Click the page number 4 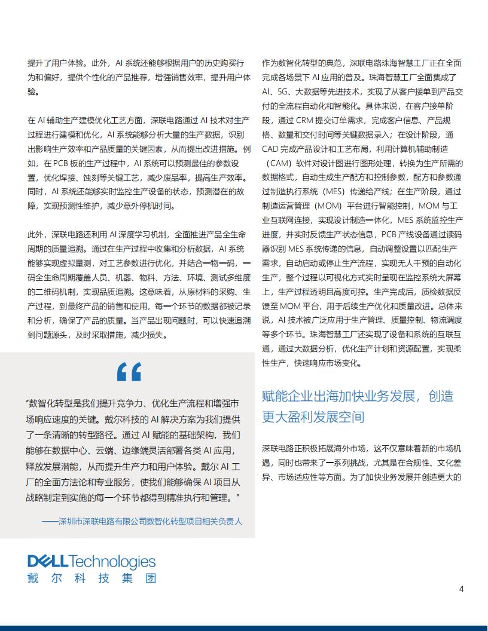[x=461, y=589]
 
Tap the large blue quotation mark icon [x=129, y=372]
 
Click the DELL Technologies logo [x=91, y=562]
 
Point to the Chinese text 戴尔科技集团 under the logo [x=91, y=578]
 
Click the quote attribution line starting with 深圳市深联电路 [x=142, y=521]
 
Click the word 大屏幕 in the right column [x=446, y=277]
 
